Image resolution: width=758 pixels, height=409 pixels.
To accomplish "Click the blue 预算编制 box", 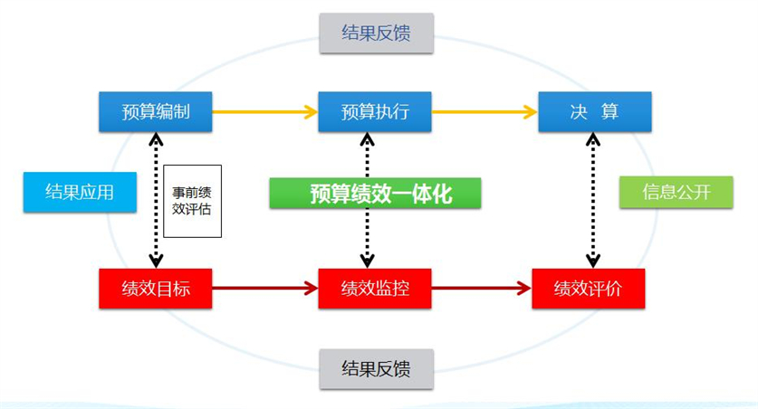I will [x=156, y=111].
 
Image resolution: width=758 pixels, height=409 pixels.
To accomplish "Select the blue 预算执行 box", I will [x=375, y=111].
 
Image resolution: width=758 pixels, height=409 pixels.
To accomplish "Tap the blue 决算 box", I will [x=594, y=111].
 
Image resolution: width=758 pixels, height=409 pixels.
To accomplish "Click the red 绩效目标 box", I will [x=156, y=289].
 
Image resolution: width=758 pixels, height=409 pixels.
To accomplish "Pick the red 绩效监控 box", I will [x=375, y=289].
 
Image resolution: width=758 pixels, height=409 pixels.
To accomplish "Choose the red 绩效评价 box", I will [x=589, y=289].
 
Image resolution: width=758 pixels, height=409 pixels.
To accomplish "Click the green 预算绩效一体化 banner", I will [x=375, y=194].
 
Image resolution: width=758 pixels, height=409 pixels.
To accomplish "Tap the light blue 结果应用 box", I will [x=68, y=193].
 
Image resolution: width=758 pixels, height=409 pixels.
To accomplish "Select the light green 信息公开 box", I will [x=676, y=193].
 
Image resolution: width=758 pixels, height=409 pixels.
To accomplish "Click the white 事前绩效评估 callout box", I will [x=192, y=200].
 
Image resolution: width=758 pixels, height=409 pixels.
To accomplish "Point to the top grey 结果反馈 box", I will [x=376, y=33].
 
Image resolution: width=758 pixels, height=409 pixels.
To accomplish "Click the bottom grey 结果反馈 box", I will [x=376, y=368].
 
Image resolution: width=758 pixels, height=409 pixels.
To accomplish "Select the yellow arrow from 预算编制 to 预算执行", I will [x=265, y=112].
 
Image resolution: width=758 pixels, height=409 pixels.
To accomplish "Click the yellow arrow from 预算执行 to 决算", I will [x=485, y=112].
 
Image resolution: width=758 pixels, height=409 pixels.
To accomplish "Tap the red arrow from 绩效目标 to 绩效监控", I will [x=265, y=289].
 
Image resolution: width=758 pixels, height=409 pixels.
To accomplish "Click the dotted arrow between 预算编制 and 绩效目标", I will [x=156, y=200].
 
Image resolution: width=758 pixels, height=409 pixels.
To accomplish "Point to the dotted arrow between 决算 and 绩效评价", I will [x=592, y=200].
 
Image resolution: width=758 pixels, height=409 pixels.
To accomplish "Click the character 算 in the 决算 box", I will [x=609, y=111].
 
